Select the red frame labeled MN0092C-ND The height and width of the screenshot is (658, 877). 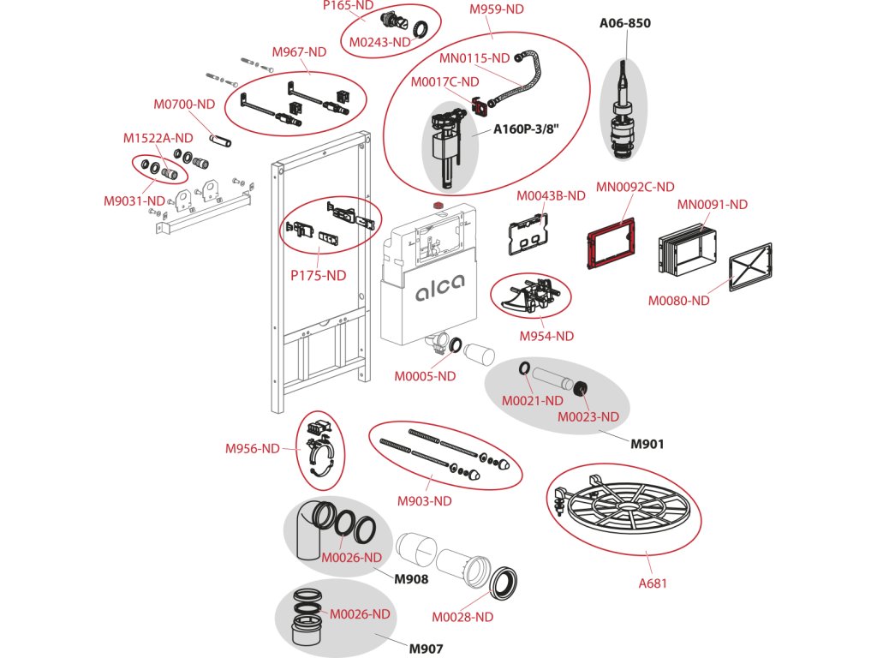(610, 242)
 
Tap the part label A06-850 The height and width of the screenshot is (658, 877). (624, 23)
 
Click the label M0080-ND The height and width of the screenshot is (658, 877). (678, 301)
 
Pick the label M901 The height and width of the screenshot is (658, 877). (647, 445)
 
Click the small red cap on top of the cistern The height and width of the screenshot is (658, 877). (439, 206)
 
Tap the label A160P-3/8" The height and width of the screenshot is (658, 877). (526, 129)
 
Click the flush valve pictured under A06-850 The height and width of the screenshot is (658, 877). (623, 109)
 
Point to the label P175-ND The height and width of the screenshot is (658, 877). (319, 275)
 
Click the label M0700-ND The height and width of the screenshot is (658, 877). (184, 104)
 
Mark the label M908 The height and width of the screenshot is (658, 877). (411, 579)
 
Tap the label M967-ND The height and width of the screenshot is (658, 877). (299, 52)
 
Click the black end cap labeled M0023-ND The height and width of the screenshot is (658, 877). (582, 387)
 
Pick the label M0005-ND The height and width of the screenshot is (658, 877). (425, 376)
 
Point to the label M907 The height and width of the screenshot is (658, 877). (426, 649)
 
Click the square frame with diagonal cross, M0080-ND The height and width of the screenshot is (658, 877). (750, 266)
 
